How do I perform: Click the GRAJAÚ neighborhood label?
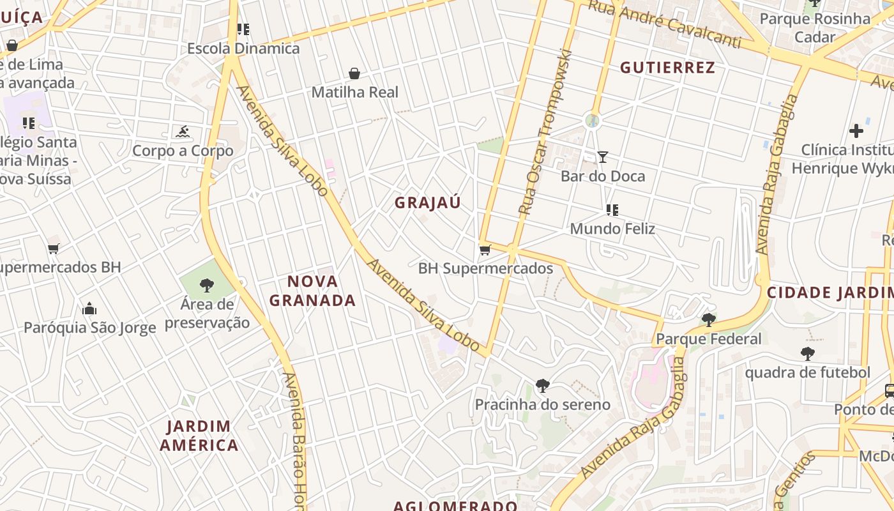coord(427,203)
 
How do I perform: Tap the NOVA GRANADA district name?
coord(312,291)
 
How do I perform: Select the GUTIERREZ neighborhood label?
coord(667,67)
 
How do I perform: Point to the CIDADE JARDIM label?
coord(830,293)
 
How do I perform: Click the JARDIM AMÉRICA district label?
coord(199,436)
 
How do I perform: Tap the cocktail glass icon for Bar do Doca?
coord(602,157)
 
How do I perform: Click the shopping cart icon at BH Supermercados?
coord(485,250)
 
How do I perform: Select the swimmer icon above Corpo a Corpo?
coord(183,132)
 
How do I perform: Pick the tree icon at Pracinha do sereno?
coord(542,386)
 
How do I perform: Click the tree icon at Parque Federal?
coord(708,320)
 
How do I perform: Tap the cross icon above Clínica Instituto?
coord(856,131)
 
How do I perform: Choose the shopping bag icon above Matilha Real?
coord(354,73)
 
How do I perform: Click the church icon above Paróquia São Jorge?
coord(89,309)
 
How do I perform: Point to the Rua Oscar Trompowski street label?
coord(545,131)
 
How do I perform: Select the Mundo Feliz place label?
coord(612,229)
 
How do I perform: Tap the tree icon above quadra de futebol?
coord(807,353)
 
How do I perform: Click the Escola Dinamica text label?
coord(243,49)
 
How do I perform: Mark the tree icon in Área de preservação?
coord(206,285)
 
